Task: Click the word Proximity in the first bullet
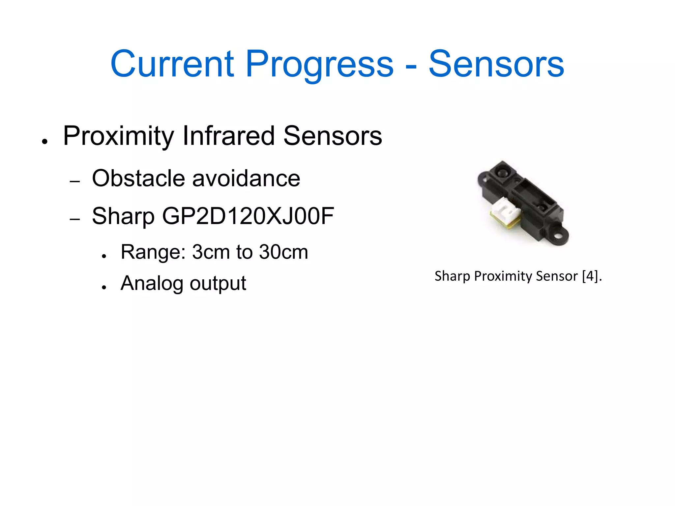coord(119,136)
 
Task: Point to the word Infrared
coord(228,136)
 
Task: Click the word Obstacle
coord(139,178)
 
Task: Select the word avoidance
coord(246,178)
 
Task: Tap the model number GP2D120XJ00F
coord(248,216)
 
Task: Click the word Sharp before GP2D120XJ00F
coord(123,216)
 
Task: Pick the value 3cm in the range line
coord(211,252)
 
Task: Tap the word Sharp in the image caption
coord(452,276)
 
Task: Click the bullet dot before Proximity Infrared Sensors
coord(45,142)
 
